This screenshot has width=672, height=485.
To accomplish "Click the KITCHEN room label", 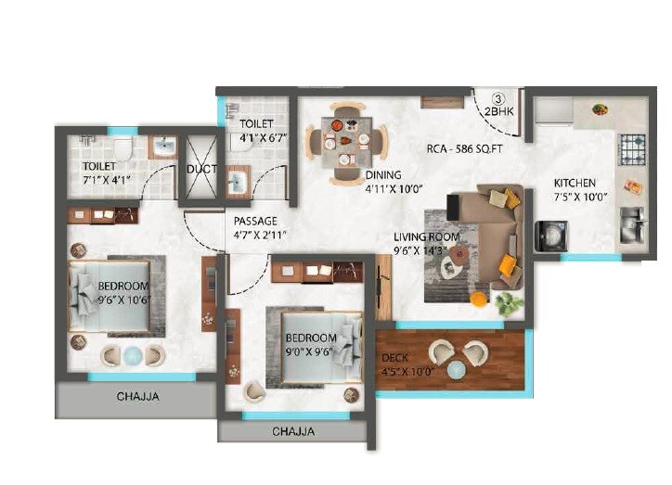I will coord(575,183).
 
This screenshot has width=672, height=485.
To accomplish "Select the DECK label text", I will coord(396,359).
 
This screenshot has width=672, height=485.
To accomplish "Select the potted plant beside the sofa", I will coord(508,302).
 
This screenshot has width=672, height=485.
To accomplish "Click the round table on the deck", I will coord(456,370).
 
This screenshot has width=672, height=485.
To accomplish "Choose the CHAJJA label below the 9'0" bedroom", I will coord(292,431).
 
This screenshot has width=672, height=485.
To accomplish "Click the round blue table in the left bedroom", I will coord(132,354).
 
